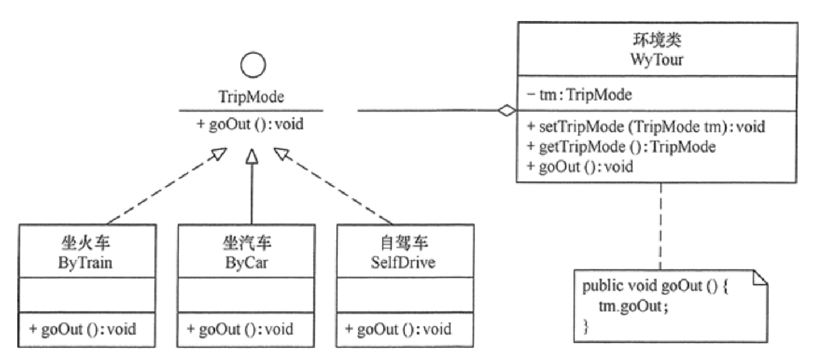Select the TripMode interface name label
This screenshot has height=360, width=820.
(251, 98)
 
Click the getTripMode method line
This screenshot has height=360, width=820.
(622, 148)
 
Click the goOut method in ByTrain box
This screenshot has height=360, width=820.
(81, 329)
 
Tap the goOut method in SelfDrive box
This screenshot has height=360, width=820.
(398, 329)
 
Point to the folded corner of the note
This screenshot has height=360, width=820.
(761, 277)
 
